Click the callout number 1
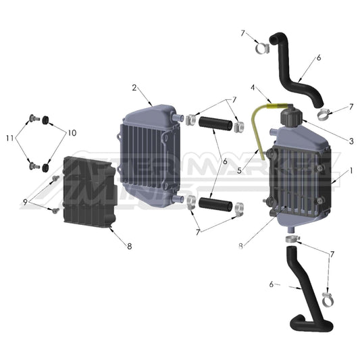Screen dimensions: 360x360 click(351, 172)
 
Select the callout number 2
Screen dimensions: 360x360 click(134, 87)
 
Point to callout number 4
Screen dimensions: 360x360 click(253, 87)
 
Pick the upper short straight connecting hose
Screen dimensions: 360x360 click(214, 124)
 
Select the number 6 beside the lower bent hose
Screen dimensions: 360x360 click(271, 284)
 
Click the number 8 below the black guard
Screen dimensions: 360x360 click(128, 246)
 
